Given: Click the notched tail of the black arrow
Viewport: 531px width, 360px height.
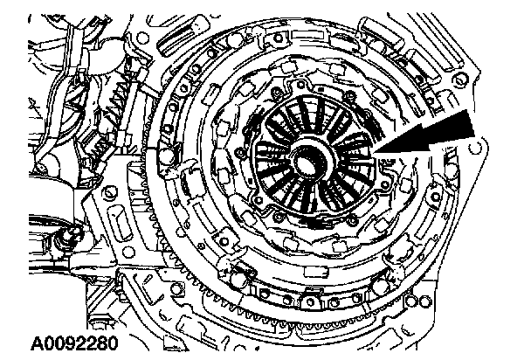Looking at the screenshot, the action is tap(472, 127).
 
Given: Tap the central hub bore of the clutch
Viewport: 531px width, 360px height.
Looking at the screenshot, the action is tap(309, 162).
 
